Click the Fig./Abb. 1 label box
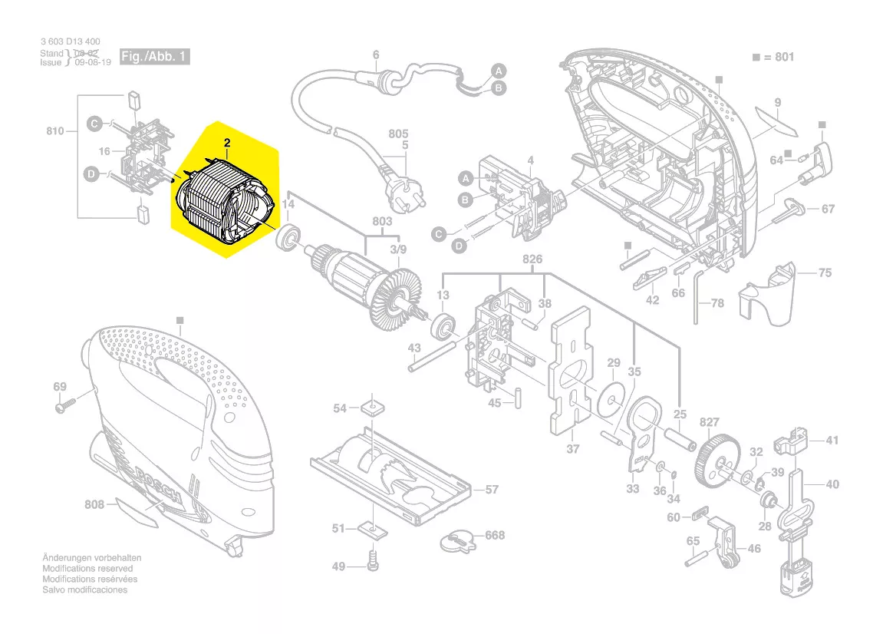tap(153, 58)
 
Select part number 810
tap(54, 131)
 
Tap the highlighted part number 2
tap(227, 143)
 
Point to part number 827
tap(710, 423)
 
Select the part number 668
tap(495, 535)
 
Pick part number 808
tap(94, 505)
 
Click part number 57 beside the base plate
tap(491, 489)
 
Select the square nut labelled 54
tap(372, 406)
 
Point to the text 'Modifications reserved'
tap(87, 569)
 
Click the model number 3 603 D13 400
tap(70, 41)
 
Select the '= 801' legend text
tap(776, 57)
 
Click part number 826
tap(532, 259)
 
